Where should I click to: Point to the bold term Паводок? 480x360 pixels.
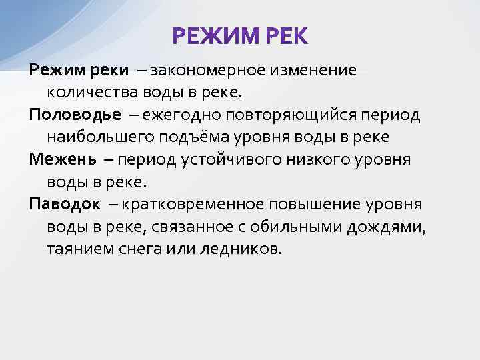pyautogui.click(x=65, y=204)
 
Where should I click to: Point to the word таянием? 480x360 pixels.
pyautogui.click(x=75, y=249)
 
